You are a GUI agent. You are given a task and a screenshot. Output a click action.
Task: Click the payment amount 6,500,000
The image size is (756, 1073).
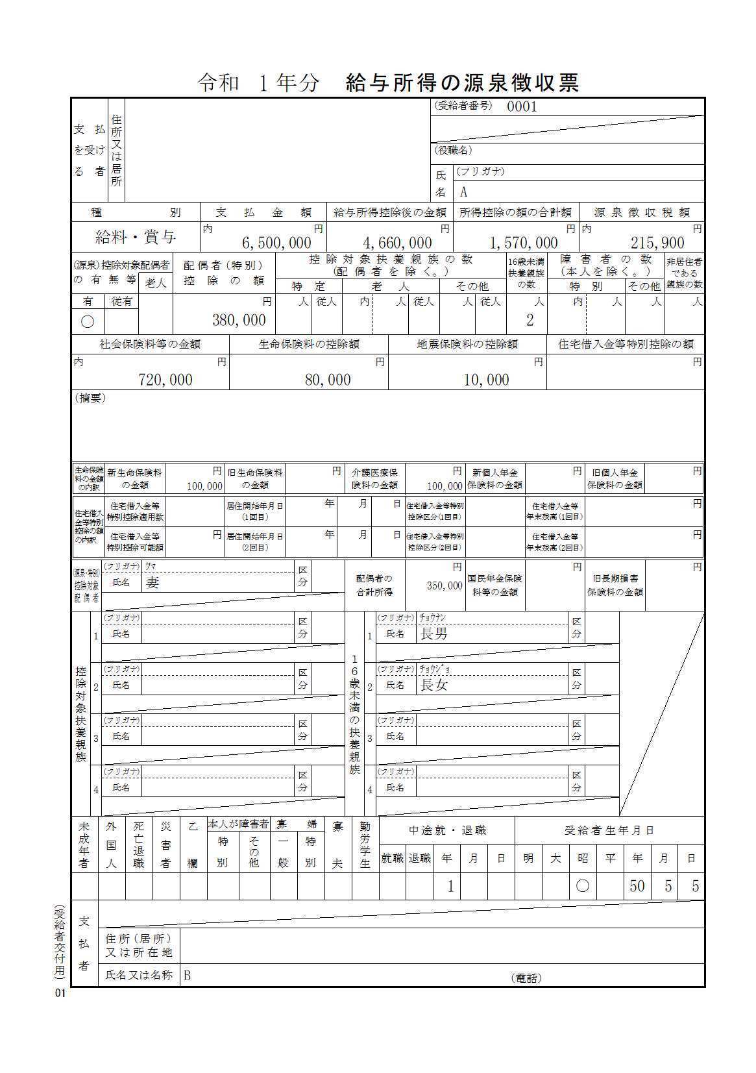276,243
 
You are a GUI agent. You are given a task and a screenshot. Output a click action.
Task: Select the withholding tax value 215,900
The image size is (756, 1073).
657,243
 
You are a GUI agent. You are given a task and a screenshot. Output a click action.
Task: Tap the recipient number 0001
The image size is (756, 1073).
522,107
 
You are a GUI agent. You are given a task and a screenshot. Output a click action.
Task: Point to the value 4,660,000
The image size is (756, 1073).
397,243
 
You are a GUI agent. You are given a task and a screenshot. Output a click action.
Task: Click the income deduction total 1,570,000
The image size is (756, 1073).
523,243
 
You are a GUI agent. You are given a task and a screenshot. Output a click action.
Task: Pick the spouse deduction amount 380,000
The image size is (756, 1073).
239,320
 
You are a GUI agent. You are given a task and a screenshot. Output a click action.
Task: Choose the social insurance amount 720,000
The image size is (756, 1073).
165,380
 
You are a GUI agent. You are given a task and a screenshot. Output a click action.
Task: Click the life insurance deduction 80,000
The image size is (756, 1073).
328,380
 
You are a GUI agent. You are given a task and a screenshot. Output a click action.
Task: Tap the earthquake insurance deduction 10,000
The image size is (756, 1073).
486,380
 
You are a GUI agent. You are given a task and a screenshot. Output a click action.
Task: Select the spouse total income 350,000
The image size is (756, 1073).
445,586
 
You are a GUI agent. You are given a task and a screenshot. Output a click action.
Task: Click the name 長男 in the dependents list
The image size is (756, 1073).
434,634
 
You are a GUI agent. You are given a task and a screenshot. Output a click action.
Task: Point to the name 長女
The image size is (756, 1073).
434,685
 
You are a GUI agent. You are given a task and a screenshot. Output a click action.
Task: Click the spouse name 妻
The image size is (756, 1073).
152,582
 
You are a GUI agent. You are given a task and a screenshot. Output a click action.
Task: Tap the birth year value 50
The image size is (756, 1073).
637,886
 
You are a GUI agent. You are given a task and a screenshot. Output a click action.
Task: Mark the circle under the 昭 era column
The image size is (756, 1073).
583,886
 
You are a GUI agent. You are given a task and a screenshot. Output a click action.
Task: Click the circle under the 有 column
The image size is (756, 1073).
88,321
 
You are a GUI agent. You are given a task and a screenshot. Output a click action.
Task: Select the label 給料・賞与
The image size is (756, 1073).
136,238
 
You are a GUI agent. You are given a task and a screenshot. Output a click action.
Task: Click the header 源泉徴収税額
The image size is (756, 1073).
642,212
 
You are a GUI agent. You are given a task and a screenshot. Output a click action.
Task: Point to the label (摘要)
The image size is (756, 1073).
90,399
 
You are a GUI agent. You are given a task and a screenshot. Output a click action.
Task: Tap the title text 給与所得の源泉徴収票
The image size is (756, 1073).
463,82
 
